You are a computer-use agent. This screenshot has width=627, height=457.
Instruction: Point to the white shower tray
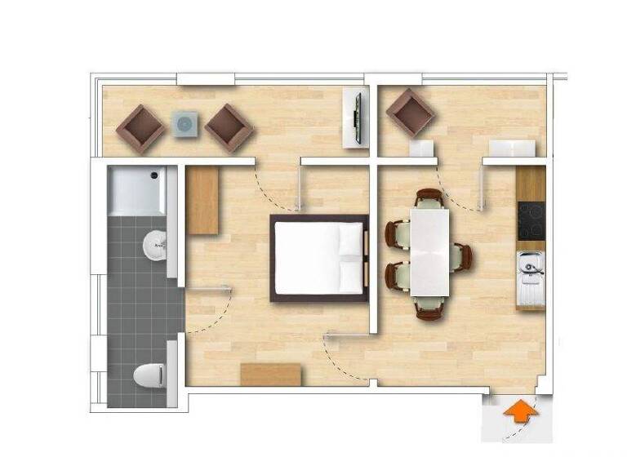tap(136, 191)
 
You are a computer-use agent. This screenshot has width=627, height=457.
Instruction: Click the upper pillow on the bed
tap(350, 238)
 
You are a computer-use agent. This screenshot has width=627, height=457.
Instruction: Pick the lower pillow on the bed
tap(350, 276)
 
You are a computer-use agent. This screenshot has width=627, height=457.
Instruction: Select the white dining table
tap(429, 252)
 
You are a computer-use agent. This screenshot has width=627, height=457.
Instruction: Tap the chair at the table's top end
tap(429, 198)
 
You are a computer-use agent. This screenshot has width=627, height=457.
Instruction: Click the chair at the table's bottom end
tap(429, 308)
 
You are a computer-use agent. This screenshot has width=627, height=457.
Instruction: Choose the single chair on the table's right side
tap(462, 256)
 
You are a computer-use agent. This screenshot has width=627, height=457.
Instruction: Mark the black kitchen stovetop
tap(531, 219)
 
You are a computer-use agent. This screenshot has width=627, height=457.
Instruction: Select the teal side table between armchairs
tap(185, 124)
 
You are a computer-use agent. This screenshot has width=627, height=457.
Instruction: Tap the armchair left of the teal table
tap(141, 127)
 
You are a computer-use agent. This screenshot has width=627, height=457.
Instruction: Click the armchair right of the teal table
tap(229, 127)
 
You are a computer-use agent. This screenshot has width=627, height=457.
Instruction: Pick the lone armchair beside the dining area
tap(409, 113)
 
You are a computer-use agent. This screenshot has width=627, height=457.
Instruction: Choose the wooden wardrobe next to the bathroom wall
tap(202, 201)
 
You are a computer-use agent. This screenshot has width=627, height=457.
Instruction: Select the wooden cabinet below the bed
tap(271, 375)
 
